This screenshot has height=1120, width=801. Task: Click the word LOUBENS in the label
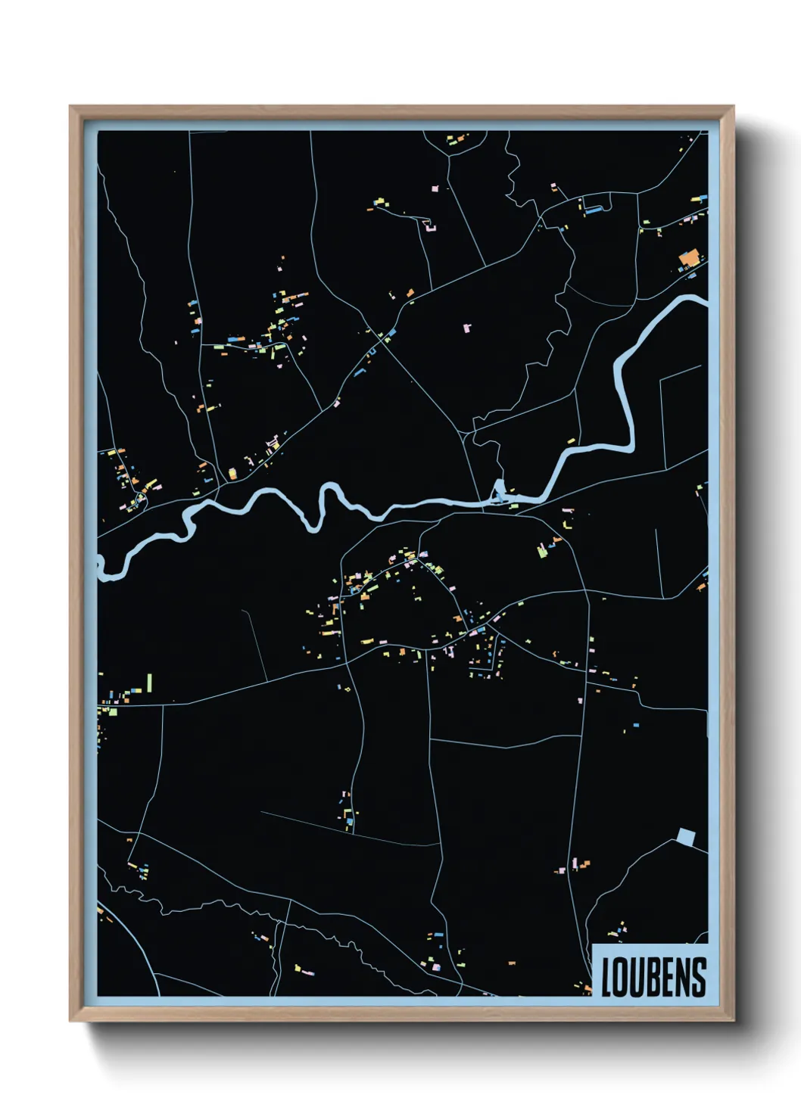(653, 977)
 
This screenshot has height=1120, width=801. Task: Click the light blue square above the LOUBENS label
(685, 837)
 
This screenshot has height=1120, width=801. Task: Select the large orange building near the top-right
(688, 260)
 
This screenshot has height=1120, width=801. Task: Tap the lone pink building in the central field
(466, 328)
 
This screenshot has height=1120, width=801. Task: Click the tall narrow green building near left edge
(150, 683)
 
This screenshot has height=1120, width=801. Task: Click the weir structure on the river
(498, 493)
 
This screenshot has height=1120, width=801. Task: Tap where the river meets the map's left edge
(101, 566)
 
